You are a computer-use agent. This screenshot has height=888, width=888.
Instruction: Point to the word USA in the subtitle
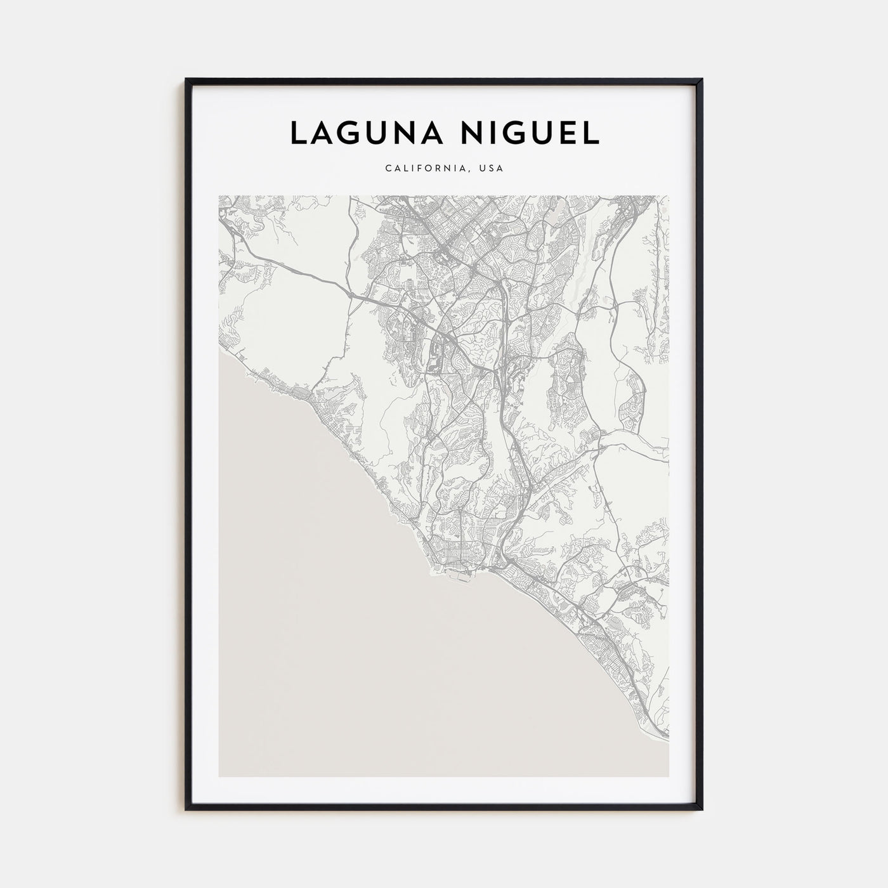point(491,169)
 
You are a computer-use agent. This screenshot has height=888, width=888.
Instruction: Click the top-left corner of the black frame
point(186,79)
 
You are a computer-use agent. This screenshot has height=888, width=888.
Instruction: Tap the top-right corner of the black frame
point(702,79)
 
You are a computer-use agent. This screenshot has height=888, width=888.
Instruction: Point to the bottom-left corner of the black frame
point(186,810)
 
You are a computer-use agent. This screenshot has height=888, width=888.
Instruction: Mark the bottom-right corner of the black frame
point(702,810)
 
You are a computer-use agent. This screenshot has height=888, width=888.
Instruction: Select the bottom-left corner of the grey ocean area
point(219,776)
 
